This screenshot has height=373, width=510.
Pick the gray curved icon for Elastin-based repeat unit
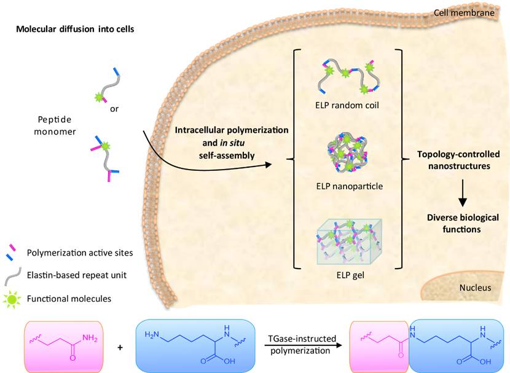[x=12, y=275]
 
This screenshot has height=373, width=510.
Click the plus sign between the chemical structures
[x=119, y=348]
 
